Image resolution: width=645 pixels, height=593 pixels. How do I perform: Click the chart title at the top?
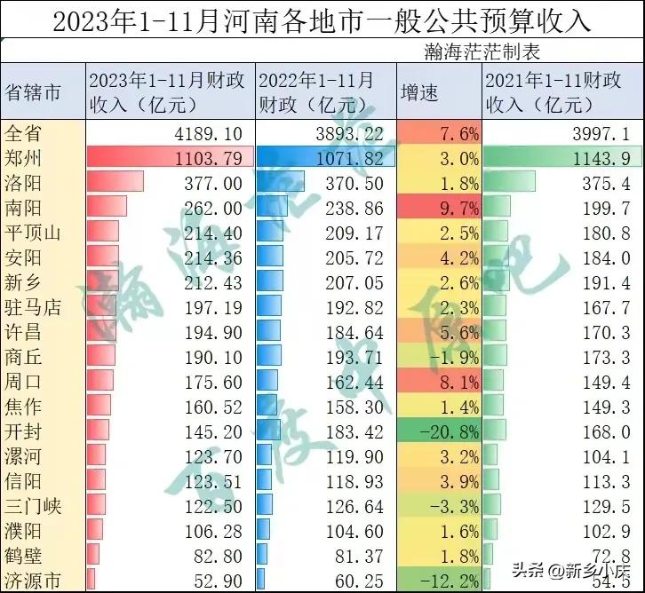click(322, 20)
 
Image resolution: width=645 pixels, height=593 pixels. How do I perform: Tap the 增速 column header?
click(420, 92)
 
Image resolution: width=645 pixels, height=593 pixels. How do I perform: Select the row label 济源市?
click(34, 581)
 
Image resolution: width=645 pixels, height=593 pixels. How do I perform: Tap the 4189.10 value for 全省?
click(211, 134)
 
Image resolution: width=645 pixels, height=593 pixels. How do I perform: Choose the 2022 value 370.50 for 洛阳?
click(356, 184)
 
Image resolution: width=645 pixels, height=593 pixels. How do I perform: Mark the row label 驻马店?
click(34, 308)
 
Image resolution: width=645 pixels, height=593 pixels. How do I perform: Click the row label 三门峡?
click(34, 507)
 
